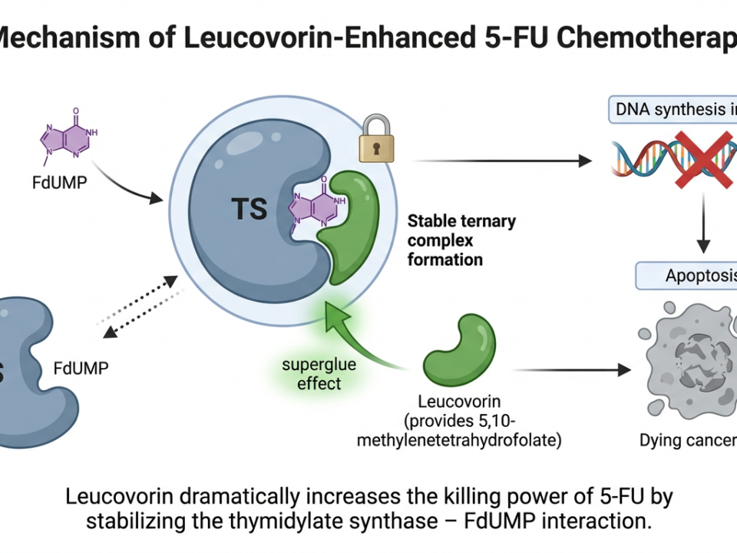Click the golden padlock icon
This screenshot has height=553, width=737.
pyautogui.click(x=376, y=139)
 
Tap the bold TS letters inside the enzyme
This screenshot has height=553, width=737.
pyautogui.click(x=249, y=209)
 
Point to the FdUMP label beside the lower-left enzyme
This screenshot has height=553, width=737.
pyautogui.click(x=81, y=367)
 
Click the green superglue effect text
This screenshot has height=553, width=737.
pyautogui.click(x=319, y=373)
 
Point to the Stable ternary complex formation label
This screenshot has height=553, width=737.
pyautogui.click(x=461, y=240)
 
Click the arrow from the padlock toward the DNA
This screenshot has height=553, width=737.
pyautogui.click(x=503, y=161)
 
